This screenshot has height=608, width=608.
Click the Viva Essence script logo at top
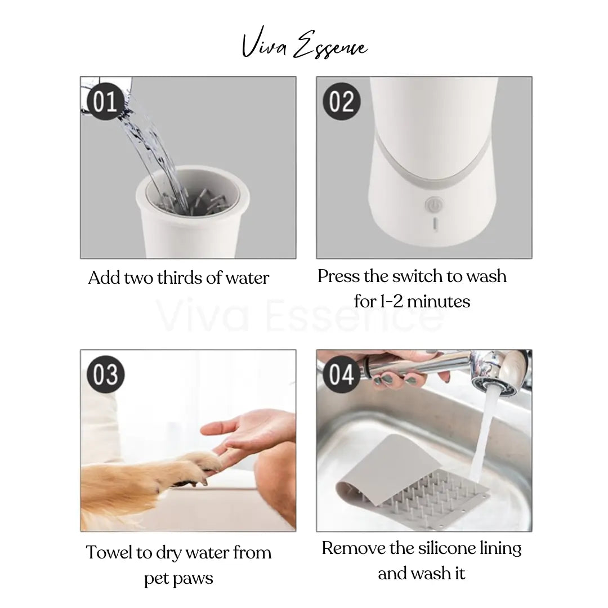(x=304, y=46)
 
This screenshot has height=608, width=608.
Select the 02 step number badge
(x=341, y=102)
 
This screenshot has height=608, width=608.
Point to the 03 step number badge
(x=105, y=374)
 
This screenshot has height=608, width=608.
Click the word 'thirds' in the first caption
(x=180, y=278)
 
